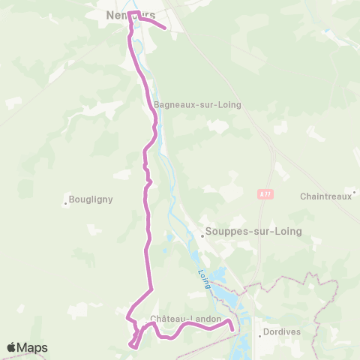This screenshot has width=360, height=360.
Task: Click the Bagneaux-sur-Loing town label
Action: (197, 105)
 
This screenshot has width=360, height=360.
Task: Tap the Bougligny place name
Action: (90, 199)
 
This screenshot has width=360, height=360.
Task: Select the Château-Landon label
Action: (186, 319)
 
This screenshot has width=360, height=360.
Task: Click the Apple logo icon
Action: (13, 348)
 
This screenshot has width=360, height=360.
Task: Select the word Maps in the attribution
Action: (33, 348)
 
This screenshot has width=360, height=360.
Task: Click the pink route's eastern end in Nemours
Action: (164, 29)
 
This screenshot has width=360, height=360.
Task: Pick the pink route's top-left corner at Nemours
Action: (130, 13)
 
